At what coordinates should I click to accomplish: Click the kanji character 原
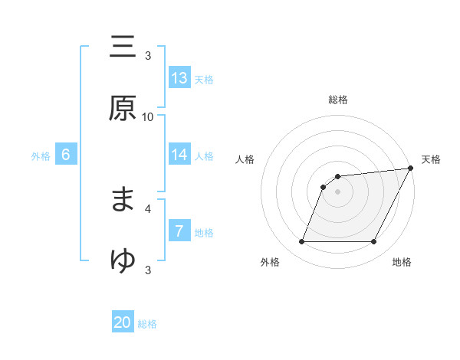(x=123, y=108)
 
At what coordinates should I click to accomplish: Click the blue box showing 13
(x=179, y=78)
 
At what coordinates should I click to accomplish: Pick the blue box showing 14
(x=179, y=155)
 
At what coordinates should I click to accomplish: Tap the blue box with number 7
(x=179, y=231)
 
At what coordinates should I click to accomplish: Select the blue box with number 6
(x=66, y=155)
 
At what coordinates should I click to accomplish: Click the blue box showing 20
(x=123, y=322)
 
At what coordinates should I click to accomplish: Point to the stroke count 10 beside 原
(x=148, y=116)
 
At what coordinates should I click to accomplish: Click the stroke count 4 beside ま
(x=148, y=207)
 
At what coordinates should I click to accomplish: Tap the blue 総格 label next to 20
(x=147, y=324)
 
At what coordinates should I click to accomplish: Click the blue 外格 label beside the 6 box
(x=41, y=156)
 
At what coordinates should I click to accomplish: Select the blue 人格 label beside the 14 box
(x=204, y=156)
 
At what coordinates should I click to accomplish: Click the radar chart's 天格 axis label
(x=431, y=159)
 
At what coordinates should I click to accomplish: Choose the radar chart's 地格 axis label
(x=402, y=262)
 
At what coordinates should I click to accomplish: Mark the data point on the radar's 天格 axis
(x=410, y=169)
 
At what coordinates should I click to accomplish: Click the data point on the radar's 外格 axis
(x=301, y=242)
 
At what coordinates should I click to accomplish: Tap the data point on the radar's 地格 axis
(x=374, y=242)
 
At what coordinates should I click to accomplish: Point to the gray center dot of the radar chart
(x=337, y=191)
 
